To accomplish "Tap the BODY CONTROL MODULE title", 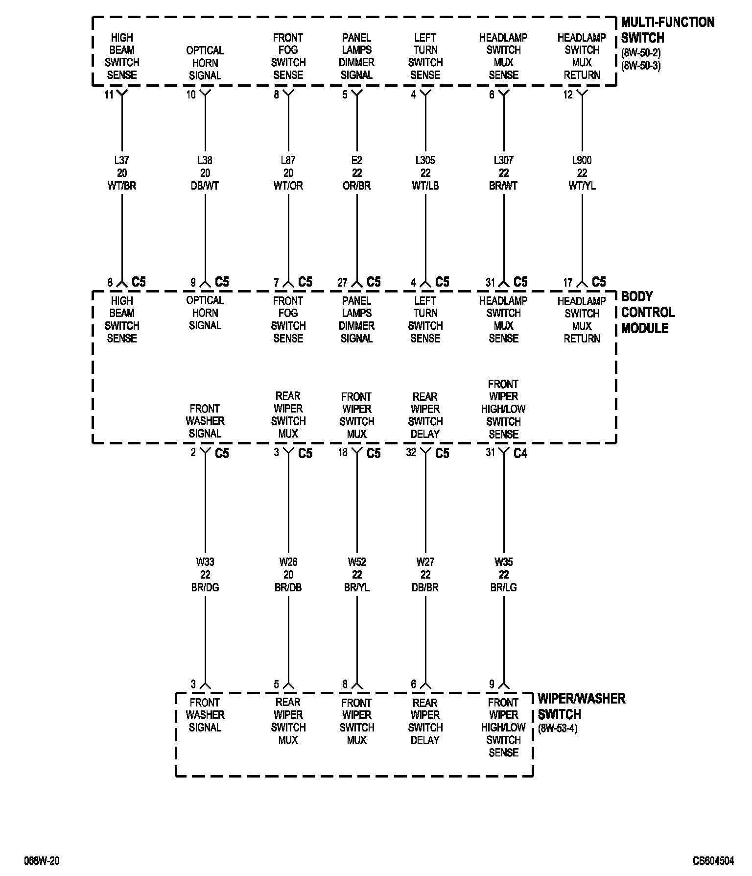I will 647,312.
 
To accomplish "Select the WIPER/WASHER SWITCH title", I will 581,706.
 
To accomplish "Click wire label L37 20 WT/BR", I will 122,173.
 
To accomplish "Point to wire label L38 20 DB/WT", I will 205,173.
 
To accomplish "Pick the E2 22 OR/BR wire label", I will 357,173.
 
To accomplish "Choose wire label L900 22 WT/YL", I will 582,173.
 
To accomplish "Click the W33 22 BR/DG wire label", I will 205,574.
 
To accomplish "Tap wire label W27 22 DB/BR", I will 425,574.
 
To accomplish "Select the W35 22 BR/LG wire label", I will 504,574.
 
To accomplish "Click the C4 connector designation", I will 520,454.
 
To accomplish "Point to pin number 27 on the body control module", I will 342,283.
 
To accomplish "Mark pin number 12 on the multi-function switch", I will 568,95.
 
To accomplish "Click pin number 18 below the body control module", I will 343,452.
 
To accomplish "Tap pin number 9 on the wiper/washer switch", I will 492,684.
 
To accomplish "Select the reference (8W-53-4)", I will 558,729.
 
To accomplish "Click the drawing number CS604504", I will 713,861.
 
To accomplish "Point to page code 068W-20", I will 42,861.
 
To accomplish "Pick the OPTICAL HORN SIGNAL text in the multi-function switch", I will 205,63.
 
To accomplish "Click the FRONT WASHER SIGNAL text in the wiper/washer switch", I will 205,715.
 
